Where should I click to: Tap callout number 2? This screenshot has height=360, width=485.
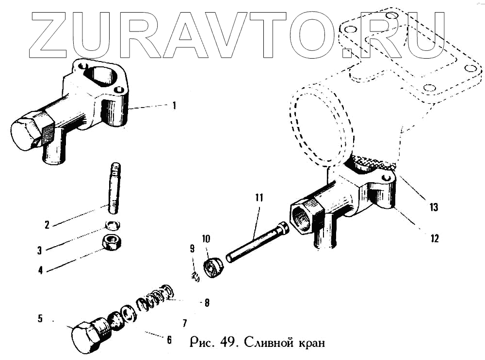pos(47,225)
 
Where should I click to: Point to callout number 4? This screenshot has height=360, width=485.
pos(40,269)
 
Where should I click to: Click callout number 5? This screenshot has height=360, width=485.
pos(41,319)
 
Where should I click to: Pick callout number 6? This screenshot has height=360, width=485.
pos(169,340)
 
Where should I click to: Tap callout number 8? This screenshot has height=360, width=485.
pos(207,303)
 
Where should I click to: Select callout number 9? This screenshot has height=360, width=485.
pos(192,249)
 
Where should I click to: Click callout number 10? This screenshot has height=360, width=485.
pos(206,239)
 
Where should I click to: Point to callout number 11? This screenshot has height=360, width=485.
pos(259,197)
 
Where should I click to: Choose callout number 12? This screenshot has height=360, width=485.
pos(434,238)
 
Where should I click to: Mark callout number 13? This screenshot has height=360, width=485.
pos(433,207)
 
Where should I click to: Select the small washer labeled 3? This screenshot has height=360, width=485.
pos(112,224)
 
